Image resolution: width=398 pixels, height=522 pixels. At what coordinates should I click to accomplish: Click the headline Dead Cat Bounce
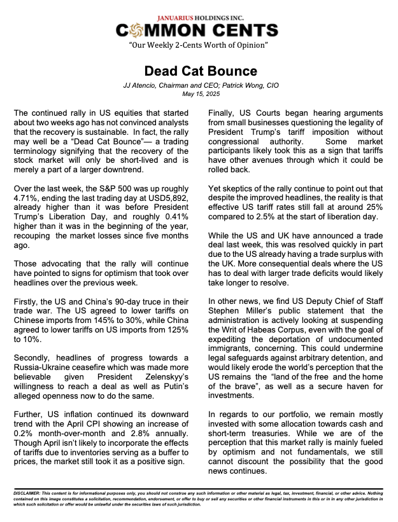[x=199, y=71]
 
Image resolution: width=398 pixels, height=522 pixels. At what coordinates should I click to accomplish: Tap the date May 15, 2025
[x=199, y=95]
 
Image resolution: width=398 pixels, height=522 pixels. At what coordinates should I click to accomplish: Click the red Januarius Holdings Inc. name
[x=198, y=18]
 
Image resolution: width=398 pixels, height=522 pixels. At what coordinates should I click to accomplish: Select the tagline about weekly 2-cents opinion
[x=198, y=46]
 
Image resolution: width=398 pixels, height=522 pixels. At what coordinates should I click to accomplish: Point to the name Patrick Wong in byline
[x=224, y=86]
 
